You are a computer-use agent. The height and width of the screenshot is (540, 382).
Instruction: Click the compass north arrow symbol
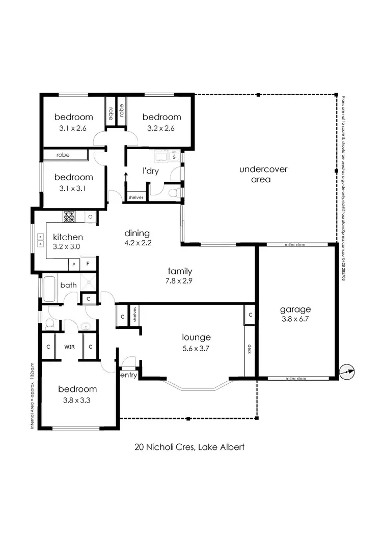coord(347,373)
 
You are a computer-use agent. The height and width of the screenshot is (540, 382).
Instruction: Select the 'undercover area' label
coord(263,174)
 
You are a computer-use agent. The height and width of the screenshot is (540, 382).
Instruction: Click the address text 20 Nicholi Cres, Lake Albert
coord(190,447)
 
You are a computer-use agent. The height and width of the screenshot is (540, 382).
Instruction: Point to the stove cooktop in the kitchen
coord(69,216)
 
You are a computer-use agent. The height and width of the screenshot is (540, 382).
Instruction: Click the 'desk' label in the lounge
coord(250,349)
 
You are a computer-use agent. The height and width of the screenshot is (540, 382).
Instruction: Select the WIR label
coord(69,347)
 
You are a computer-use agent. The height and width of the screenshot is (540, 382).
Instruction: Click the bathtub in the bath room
coord(49,289)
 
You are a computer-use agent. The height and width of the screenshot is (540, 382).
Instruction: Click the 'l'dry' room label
coord(151,171)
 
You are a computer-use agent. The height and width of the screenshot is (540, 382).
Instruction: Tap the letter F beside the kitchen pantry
coord(88,265)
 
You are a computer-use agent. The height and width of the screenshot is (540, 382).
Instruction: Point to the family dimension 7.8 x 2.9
coord(181,280)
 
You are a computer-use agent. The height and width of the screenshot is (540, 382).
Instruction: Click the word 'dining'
coord(137,233)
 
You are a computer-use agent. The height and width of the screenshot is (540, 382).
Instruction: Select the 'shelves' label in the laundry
coord(135,196)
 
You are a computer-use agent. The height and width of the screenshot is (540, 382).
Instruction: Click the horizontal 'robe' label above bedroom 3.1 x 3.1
coord(63,155)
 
